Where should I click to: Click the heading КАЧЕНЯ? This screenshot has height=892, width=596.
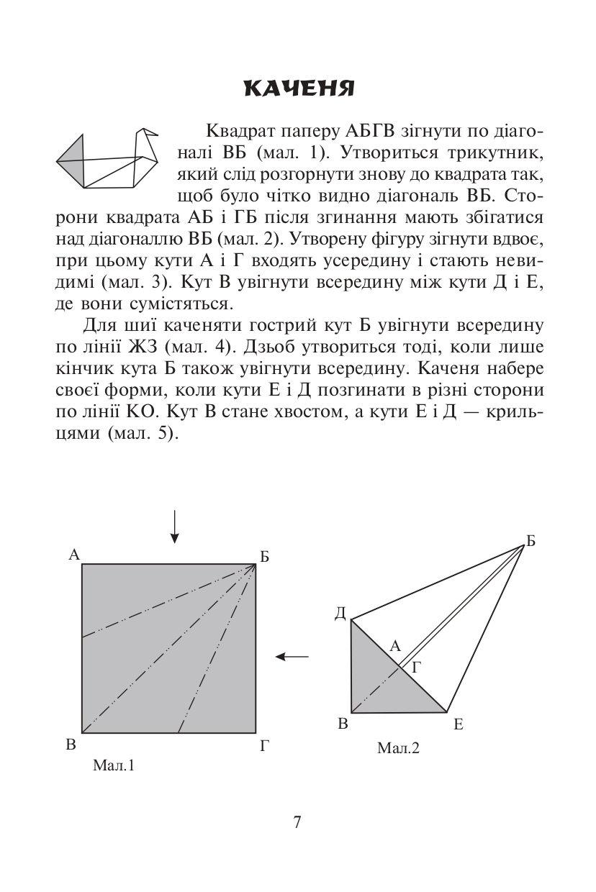(299, 88)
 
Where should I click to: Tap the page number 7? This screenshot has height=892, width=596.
(297, 822)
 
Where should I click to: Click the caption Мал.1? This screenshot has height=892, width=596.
(114, 765)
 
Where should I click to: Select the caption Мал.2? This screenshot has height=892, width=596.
(398, 748)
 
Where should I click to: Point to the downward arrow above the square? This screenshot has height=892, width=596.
(174, 526)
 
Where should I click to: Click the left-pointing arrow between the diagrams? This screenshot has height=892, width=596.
(292, 656)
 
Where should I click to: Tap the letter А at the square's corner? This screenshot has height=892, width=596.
(73, 554)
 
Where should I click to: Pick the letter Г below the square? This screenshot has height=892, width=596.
(265, 745)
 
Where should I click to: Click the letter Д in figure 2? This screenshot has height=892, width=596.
(340, 613)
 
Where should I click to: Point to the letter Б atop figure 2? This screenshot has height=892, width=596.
(531, 542)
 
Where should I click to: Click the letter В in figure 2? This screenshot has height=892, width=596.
(343, 724)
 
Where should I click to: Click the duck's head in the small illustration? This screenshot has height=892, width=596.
(147, 137)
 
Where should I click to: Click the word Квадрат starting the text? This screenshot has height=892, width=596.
(235, 131)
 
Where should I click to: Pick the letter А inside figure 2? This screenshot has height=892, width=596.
(394, 646)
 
